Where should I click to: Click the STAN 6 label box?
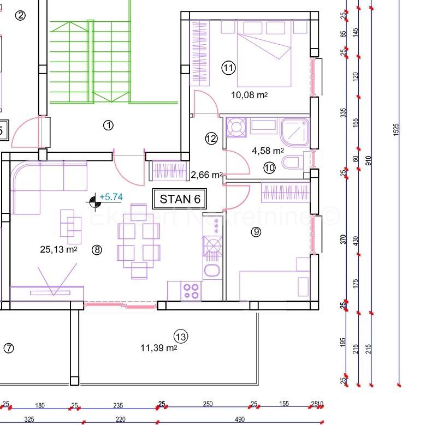pos(180,199)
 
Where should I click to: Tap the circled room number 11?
pos(228,68)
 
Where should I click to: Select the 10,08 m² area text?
pos(249,95)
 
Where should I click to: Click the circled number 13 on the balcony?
pos(180,336)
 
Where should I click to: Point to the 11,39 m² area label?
pos(159,348)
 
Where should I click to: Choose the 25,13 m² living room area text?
pos(58,250)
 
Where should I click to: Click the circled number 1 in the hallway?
pos(108,125)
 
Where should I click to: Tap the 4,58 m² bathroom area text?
pos(268,151)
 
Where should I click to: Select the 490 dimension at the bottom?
pos(239,420)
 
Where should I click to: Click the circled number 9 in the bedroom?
pos(256,232)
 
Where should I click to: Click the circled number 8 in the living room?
pos(97,250)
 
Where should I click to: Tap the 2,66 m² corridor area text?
pos(206,175)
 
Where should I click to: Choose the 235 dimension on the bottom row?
pos(118,405)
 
